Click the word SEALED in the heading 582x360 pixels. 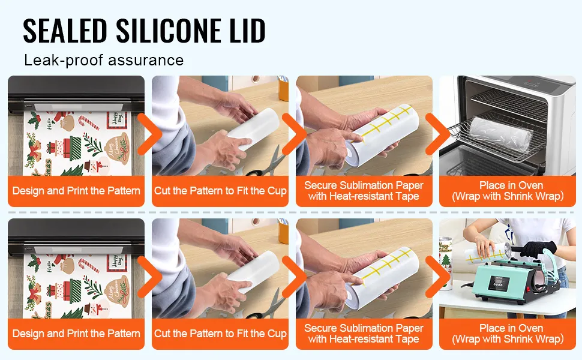coord(65,31)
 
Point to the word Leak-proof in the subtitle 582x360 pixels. coord(64,60)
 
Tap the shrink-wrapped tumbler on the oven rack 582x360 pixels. coord(501,134)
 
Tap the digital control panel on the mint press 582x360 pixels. coord(498,284)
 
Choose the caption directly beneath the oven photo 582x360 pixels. coord(508,191)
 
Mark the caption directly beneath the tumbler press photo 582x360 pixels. coord(508,334)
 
